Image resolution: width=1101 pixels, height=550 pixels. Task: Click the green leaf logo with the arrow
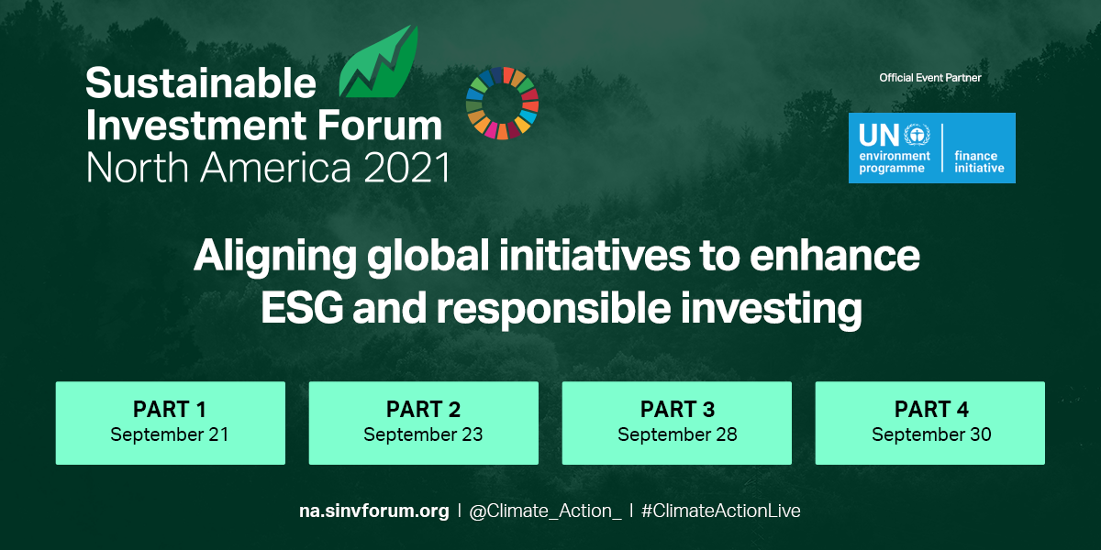coord(378,63)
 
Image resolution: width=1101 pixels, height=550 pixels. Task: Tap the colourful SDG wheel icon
coord(502,103)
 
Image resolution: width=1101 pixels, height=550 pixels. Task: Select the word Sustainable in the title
coord(201,84)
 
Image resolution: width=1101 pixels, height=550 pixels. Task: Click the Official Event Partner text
coord(929,78)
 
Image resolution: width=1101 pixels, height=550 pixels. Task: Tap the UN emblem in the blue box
coord(917,137)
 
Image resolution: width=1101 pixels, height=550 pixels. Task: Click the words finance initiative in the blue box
coord(979,162)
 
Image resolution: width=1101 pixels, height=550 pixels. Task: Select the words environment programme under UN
coord(895,162)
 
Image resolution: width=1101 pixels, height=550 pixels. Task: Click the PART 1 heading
coord(170,409)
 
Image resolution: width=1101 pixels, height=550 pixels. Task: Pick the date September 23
coord(423,434)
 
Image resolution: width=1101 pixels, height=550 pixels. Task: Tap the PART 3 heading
coord(677,409)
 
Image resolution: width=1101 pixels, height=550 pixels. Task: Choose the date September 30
coord(930,434)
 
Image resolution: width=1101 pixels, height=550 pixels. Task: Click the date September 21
coord(170,434)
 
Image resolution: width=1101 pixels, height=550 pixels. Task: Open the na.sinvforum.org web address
coord(374,511)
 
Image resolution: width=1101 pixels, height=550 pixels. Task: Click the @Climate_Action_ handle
coord(545,511)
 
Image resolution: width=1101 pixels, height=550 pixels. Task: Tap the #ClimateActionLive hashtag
coord(720,511)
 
